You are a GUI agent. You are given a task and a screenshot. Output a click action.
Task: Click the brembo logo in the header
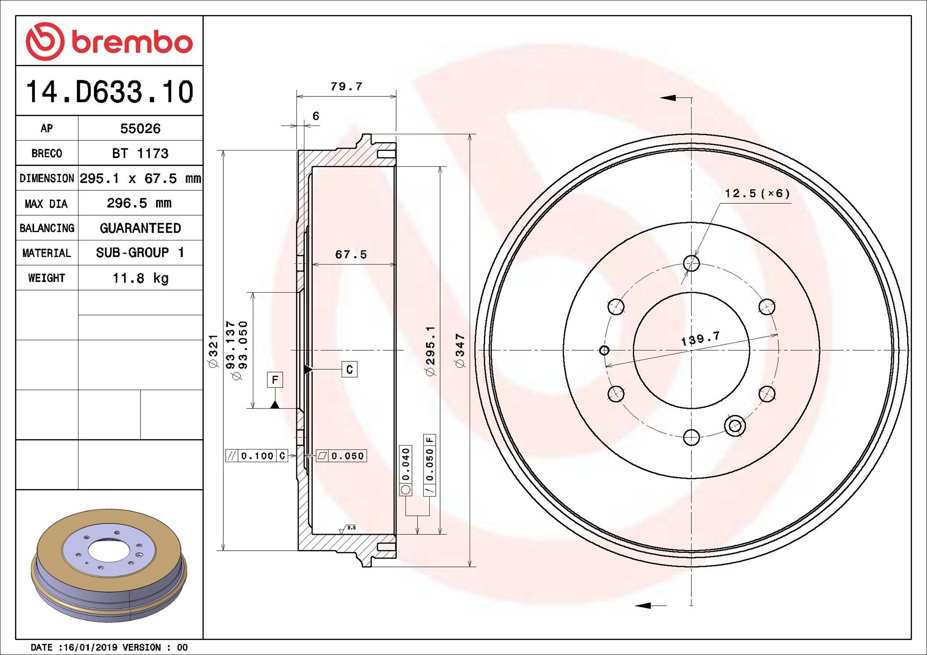[109, 41]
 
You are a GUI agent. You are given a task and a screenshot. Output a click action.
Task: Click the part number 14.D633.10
[109, 92]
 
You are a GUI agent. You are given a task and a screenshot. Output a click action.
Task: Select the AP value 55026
[140, 129]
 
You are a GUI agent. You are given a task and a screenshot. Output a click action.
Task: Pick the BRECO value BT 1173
[140, 154]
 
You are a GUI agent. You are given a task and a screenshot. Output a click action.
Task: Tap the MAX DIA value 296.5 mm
[139, 203]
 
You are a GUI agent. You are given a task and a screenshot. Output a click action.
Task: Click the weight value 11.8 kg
[140, 278]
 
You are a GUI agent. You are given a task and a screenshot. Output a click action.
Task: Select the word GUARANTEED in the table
[140, 228]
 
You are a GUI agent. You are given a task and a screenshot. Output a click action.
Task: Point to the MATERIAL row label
[47, 253]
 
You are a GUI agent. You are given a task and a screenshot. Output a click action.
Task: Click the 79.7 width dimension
[346, 87]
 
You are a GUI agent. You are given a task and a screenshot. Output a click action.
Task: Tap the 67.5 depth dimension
[351, 254]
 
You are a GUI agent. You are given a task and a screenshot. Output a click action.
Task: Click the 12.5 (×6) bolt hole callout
[757, 194]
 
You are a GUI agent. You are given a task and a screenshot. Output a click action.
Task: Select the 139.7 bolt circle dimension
[700, 339]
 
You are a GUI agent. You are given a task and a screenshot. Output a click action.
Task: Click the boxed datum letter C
[349, 369]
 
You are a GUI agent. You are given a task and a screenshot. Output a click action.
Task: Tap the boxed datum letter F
[275, 380]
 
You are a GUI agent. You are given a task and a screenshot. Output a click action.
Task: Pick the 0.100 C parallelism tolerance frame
[257, 456]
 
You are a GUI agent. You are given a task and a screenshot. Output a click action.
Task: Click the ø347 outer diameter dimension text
[460, 351]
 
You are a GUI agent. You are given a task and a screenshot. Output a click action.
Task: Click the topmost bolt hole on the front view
[691, 263]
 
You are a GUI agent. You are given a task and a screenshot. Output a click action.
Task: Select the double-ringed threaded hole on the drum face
[734, 426]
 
